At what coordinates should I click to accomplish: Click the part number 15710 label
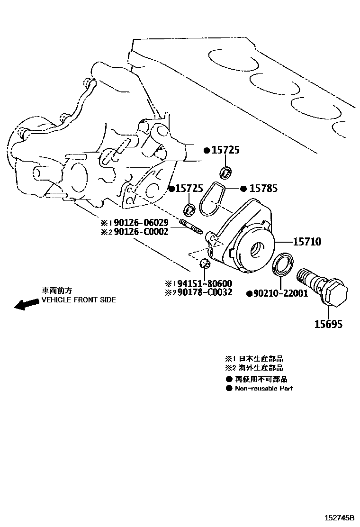306,242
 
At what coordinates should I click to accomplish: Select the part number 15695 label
328,324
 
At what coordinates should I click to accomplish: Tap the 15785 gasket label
264,189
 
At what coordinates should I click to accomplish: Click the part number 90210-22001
281,294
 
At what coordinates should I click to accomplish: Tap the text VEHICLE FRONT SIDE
79,300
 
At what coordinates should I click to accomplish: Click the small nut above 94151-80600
204,263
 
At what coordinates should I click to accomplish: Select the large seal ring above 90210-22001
283,263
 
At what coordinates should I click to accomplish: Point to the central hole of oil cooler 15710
259,247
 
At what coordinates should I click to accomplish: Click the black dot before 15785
243,189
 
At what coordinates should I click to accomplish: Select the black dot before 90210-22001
249,294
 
